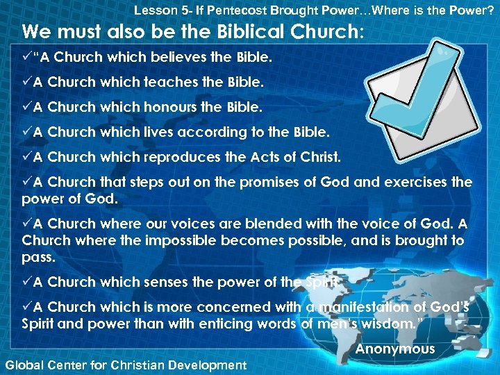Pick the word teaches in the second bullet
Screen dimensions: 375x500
pyautogui.click(x=169, y=82)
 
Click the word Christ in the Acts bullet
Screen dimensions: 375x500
pyautogui.click(x=320, y=157)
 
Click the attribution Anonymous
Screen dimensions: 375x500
pyautogui.click(x=394, y=349)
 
